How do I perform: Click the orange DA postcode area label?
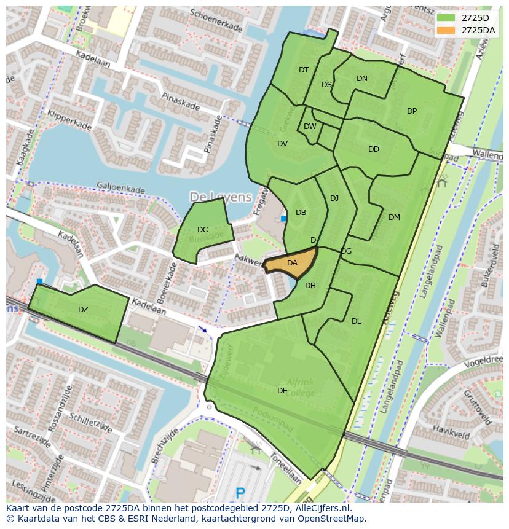tap(292, 263)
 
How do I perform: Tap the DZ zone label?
tap(83, 310)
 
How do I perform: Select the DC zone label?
tap(202, 230)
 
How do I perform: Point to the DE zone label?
tap(282, 390)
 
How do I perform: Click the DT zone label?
tap(304, 70)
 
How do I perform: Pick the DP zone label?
tap(412, 111)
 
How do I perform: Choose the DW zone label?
tap(310, 127)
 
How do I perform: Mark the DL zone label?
tap(357, 321)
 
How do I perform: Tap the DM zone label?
tap(394, 217)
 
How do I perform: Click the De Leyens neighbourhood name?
tap(221, 197)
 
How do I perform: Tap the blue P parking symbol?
tap(240, 493)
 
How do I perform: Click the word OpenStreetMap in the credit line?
tap(331, 519)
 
